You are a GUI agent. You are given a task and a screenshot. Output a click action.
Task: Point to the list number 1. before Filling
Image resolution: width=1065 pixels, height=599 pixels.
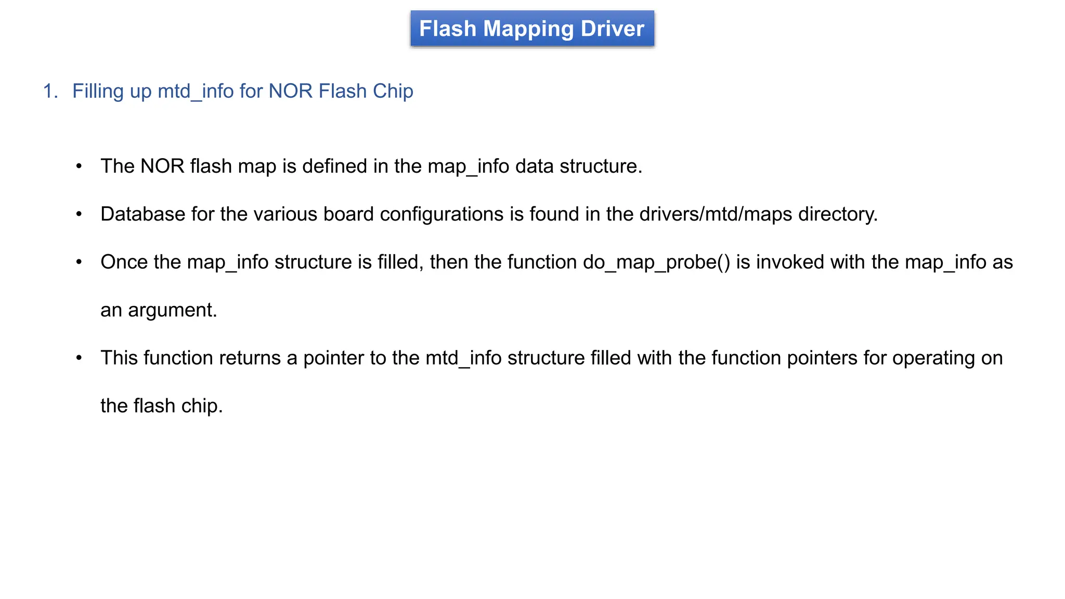click(50, 92)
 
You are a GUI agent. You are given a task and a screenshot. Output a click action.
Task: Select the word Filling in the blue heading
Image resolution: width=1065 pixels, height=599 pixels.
click(97, 92)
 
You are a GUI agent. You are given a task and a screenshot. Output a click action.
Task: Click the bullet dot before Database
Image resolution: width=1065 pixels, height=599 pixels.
click(79, 214)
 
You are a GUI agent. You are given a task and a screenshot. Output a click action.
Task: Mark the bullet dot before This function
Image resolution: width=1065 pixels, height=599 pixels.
click(79, 358)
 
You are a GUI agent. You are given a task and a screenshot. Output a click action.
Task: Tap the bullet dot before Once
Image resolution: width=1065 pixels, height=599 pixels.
click(79, 262)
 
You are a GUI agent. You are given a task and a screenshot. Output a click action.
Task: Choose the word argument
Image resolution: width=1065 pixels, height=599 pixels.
click(172, 310)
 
